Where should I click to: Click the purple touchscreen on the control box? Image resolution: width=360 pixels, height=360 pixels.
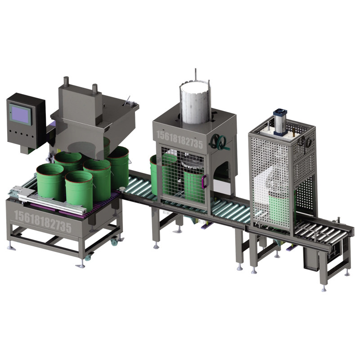point(20,114)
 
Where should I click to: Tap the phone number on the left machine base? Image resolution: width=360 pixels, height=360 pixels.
point(43,222)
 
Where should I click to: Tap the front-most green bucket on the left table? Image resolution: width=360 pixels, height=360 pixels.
point(79,190)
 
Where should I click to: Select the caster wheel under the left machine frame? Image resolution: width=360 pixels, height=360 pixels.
point(114,242)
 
